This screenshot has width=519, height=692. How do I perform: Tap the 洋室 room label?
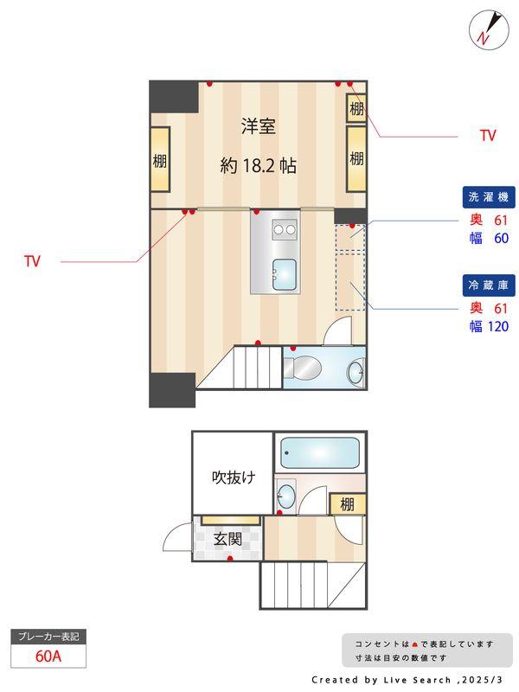click(258, 126)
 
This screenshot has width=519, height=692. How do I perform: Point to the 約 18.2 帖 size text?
click(258, 165)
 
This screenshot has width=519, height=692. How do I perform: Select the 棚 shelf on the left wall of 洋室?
click(160, 161)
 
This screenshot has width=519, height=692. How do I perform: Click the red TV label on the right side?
click(488, 136)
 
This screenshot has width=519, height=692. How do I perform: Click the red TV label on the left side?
click(33, 260)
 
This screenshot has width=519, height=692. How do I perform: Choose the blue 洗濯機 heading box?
click(490, 196)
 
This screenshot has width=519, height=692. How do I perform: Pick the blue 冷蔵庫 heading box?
click(490, 285)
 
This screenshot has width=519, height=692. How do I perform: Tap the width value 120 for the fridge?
click(497, 326)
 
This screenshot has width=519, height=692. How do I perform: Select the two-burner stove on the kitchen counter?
click(284, 229)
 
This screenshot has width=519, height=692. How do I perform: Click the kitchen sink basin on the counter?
click(284, 273)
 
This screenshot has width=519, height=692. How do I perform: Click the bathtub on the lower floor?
click(319, 452)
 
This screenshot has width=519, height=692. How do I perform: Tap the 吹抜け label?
click(234, 477)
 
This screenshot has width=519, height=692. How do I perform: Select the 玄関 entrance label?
click(227, 539)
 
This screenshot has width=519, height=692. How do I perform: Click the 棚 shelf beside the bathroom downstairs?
click(347, 504)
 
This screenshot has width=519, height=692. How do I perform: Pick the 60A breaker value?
click(48, 656)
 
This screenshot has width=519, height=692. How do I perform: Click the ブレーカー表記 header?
click(48, 637)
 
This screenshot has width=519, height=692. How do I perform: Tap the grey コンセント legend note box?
click(426, 650)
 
